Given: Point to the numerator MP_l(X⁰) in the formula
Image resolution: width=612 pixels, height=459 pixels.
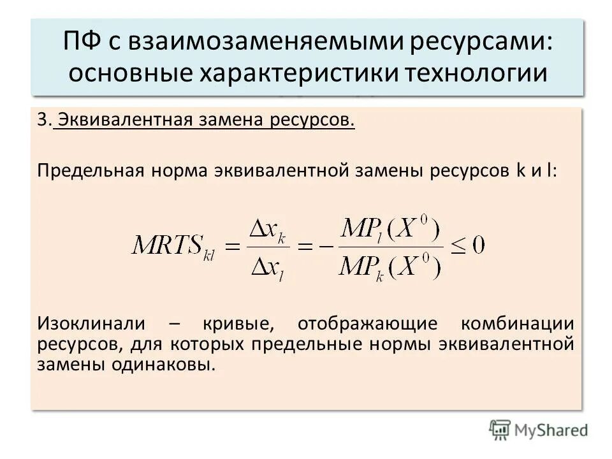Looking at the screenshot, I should (x=390, y=228).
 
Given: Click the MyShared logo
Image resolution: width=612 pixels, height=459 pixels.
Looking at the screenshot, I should (x=539, y=429).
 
